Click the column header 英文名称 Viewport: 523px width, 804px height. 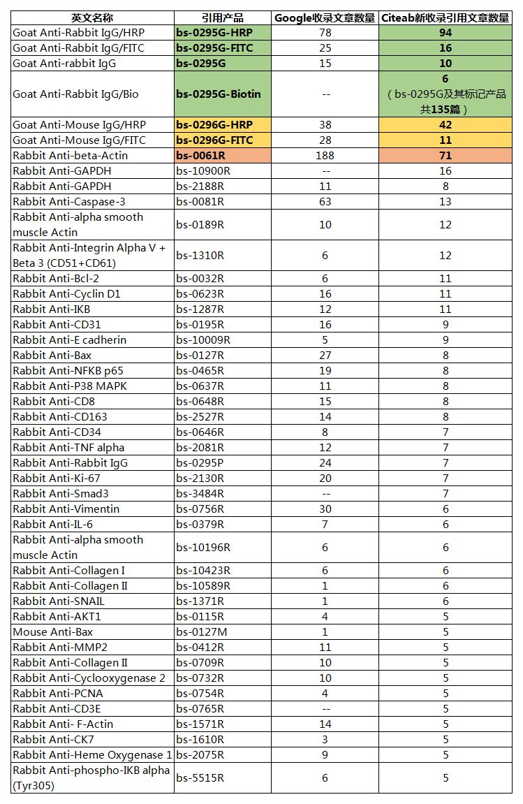point(92,17)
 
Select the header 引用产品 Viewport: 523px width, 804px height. point(222,17)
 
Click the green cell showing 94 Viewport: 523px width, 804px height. point(445,33)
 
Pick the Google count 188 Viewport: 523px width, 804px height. point(325,156)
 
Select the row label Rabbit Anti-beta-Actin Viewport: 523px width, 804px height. point(71,156)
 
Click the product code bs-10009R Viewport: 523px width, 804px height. point(203,340)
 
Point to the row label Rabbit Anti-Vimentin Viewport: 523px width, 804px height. point(66,509)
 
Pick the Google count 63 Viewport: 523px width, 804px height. point(325,202)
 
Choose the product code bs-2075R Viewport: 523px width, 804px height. point(200,755)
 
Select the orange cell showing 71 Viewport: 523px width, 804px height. point(445,156)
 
